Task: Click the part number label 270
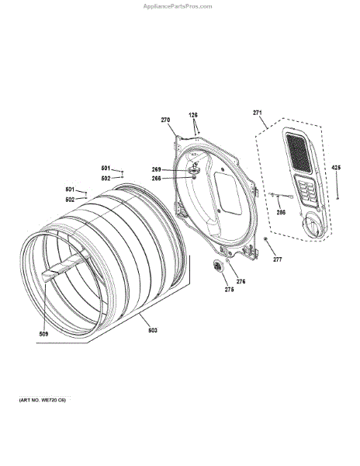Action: [x=165, y=120]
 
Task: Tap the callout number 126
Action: [x=193, y=115]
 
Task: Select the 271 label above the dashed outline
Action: [x=258, y=113]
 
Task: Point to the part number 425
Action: [x=336, y=168]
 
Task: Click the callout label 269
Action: [x=157, y=169]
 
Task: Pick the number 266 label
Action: [x=157, y=179]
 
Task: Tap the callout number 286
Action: [x=281, y=212]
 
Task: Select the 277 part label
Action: [x=278, y=259]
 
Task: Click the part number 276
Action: [x=241, y=281]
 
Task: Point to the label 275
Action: [x=229, y=290]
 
